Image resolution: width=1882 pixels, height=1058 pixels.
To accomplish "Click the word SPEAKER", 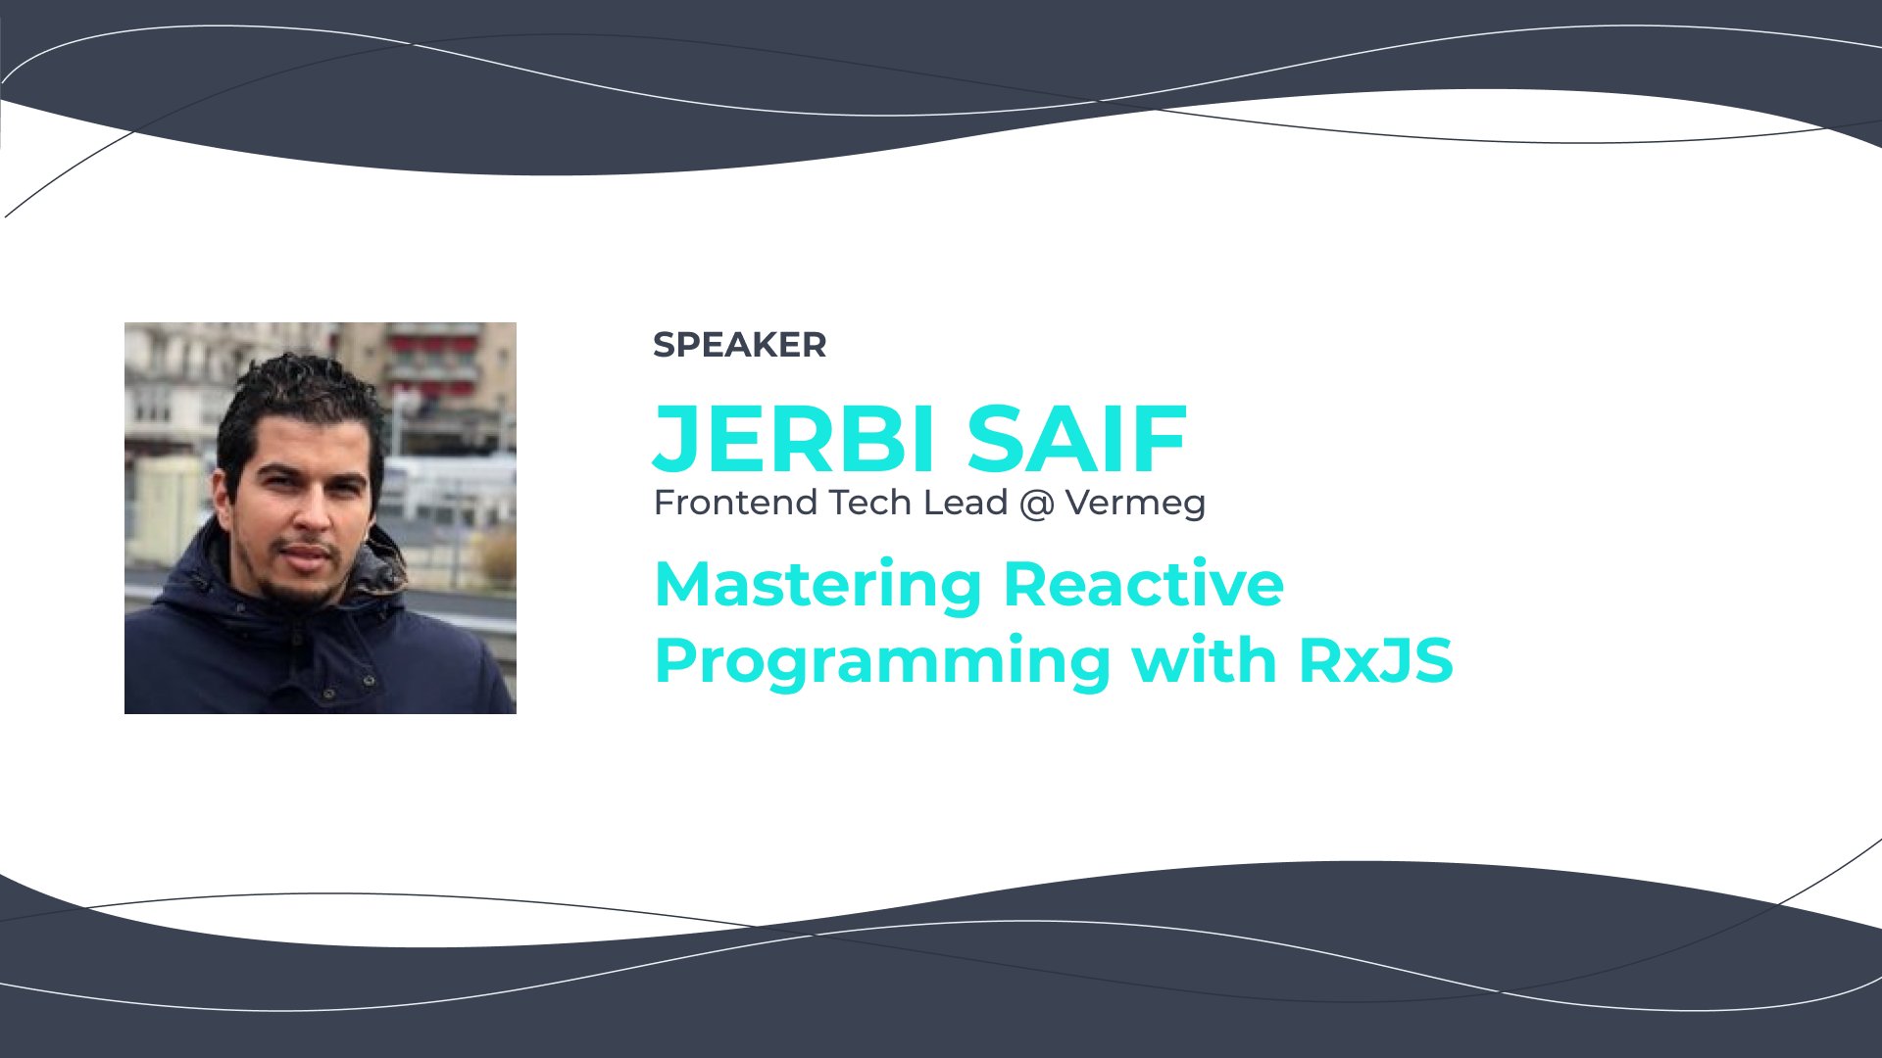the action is pos(740,345).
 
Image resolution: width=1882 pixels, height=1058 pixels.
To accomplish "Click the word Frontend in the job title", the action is pos(735,503).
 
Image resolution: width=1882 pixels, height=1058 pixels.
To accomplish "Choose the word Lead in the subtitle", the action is pos(966,503).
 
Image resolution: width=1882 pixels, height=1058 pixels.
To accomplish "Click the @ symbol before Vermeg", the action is pos(1036,505).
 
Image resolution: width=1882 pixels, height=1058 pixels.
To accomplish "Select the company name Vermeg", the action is pos(1135,505).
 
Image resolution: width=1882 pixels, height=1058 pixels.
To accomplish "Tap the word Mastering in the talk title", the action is pos(817,586).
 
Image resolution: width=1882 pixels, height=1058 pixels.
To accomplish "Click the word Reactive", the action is pos(1144,584).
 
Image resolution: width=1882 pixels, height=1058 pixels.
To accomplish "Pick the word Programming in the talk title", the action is pos(882,662).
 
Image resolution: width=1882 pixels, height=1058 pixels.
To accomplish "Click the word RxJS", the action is pos(1376,660).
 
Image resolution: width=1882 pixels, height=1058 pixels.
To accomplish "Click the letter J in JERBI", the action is pos(676,439).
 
